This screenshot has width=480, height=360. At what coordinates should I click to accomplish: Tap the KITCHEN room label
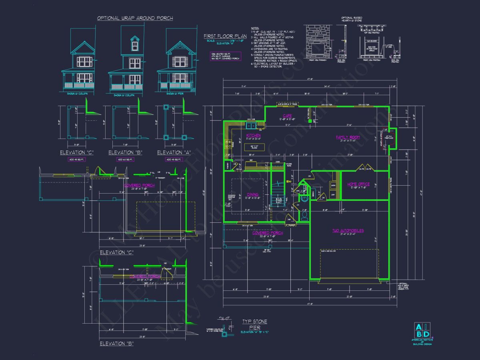253,136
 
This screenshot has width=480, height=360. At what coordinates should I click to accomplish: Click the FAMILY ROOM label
348,137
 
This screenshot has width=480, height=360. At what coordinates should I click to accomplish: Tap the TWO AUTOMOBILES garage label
348,231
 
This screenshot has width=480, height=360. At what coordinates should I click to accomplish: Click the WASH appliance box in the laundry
333,186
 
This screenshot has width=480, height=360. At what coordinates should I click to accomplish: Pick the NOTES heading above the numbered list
255,28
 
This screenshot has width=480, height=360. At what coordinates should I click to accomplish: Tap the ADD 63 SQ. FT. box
125,160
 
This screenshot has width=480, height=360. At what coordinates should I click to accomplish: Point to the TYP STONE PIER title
254,324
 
